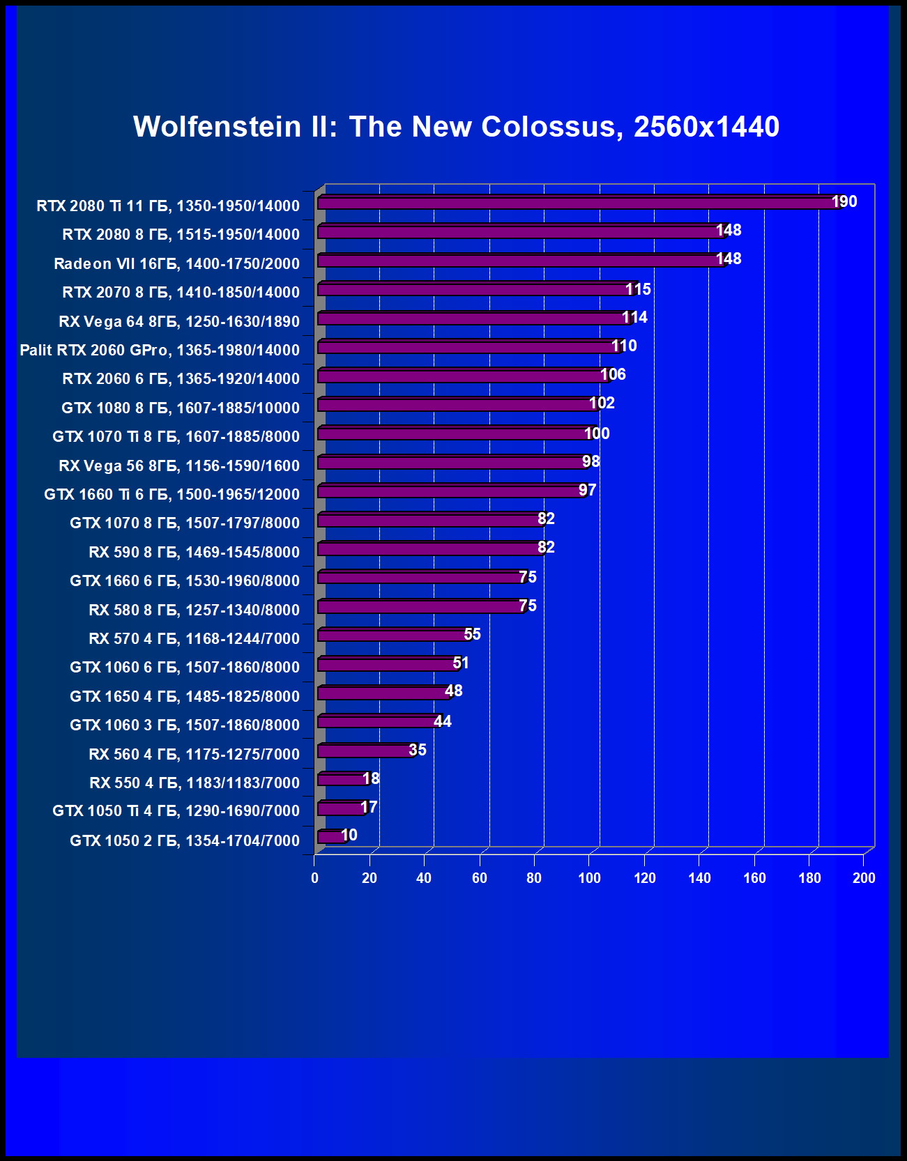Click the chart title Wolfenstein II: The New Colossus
click(456, 127)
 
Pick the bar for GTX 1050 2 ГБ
click(330, 837)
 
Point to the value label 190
click(844, 202)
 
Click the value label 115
click(638, 289)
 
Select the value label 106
click(613, 375)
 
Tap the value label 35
click(417, 750)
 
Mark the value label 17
click(369, 807)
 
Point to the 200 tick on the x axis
click(864, 878)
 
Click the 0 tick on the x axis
click(315, 878)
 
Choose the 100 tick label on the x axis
click(589, 878)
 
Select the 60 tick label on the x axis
click(480, 878)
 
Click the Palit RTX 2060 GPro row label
click(160, 350)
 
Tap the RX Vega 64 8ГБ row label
click(179, 321)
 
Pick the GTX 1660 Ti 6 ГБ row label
click(172, 494)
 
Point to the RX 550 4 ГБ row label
click(195, 783)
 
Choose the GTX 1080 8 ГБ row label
click(181, 408)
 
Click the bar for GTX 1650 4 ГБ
click(383, 693)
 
